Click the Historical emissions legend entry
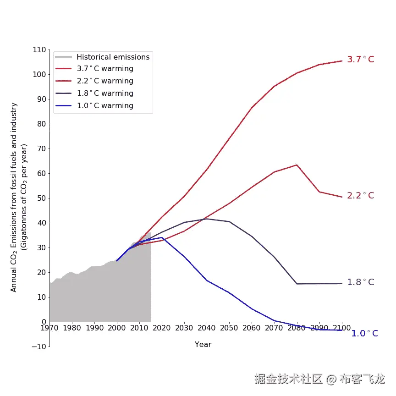pyautogui.click(x=113, y=57)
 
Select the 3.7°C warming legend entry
pyautogui.click(x=105, y=69)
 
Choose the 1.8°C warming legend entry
pyautogui.click(x=105, y=93)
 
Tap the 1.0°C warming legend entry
pyautogui.click(x=105, y=106)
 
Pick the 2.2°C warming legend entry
pyautogui.click(x=105, y=81)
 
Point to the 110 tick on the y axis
pyautogui.click(x=40, y=49)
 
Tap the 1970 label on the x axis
pyautogui.click(x=49, y=328)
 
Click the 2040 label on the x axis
pyautogui.click(x=207, y=328)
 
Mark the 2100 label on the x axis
pyautogui.click(x=342, y=328)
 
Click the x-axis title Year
pyautogui.click(x=203, y=344)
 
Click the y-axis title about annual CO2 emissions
pyautogui.click(x=19, y=197)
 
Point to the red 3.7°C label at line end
pyautogui.click(x=360, y=60)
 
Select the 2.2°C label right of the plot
pyautogui.click(x=360, y=196)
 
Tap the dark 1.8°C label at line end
pyautogui.click(x=360, y=282)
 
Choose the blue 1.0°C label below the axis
pyautogui.click(x=365, y=334)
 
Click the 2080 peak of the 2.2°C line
pyautogui.click(x=297, y=165)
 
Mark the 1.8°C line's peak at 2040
pyautogui.click(x=207, y=219)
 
